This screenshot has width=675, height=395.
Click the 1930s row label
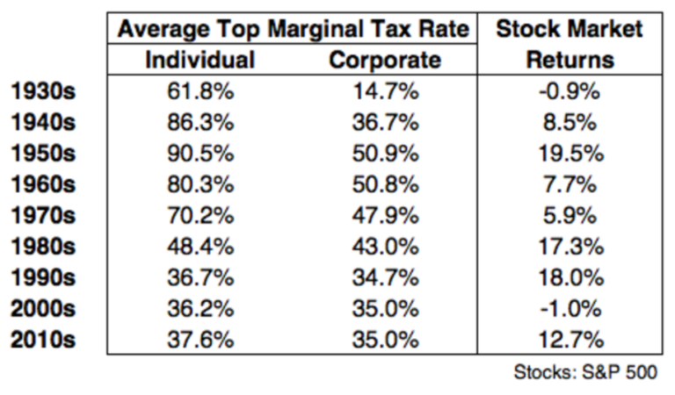click(x=44, y=91)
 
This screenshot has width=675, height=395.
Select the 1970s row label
click(x=44, y=214)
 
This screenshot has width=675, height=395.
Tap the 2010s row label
click(x=44, y=339)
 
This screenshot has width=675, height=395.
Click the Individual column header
click(x=200, y=60)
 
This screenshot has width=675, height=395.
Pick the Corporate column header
click(x=384, y=60)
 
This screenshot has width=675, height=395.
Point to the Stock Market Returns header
click(x=569, y=44)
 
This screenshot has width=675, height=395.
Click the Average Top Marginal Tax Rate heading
click(x=292, y=29)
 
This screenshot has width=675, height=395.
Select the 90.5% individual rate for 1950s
click(x=200, y=153)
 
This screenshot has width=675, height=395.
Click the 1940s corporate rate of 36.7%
click(x=384, y=122)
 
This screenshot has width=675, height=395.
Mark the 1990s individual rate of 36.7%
click(x=200, y=276)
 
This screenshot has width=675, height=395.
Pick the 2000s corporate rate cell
click(x=384, y=307)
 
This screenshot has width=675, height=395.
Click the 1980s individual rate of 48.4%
click(x=200, y=246)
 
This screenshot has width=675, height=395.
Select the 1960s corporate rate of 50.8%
click(x=384, y=183)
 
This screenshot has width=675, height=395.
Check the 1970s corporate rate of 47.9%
click(x=384, y=214)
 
